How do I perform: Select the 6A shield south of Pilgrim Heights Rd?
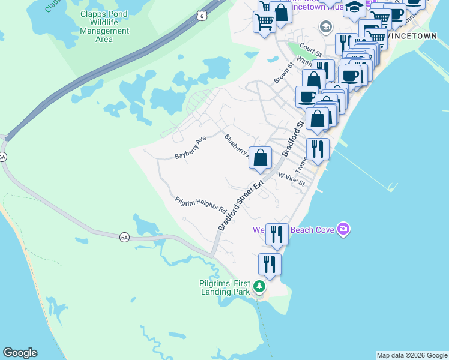tap(124, 237)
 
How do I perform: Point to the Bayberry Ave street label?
tap(190, 148)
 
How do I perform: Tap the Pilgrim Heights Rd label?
tap(200, 205)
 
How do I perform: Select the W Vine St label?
tap(292, 179)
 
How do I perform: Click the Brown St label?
tap(283, 72)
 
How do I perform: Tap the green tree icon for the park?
tap(259, 287)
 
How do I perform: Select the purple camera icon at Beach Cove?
tap(343, 229)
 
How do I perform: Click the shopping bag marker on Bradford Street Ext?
tap(261, 158)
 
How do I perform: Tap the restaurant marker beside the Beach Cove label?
tap(277, 233)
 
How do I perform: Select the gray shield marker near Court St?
tap(326, 26)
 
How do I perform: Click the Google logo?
tap(20, 353)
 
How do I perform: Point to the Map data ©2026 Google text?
tap(412, 355)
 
